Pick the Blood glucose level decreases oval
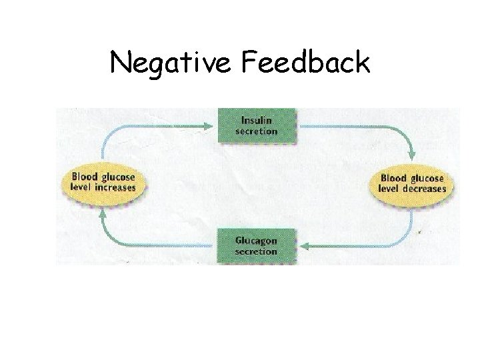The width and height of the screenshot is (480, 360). (x=411, y=183)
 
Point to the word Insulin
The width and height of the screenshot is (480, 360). (x=257, y=121)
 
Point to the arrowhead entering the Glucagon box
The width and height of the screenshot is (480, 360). (x=301, y=246)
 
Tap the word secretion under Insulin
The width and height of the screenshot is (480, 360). (x=257, y=131)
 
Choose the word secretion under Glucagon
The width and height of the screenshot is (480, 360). (x=256, y=252)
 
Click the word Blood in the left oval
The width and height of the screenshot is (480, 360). (x=85, y=177)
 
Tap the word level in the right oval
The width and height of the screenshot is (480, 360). (x=388, y=188)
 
